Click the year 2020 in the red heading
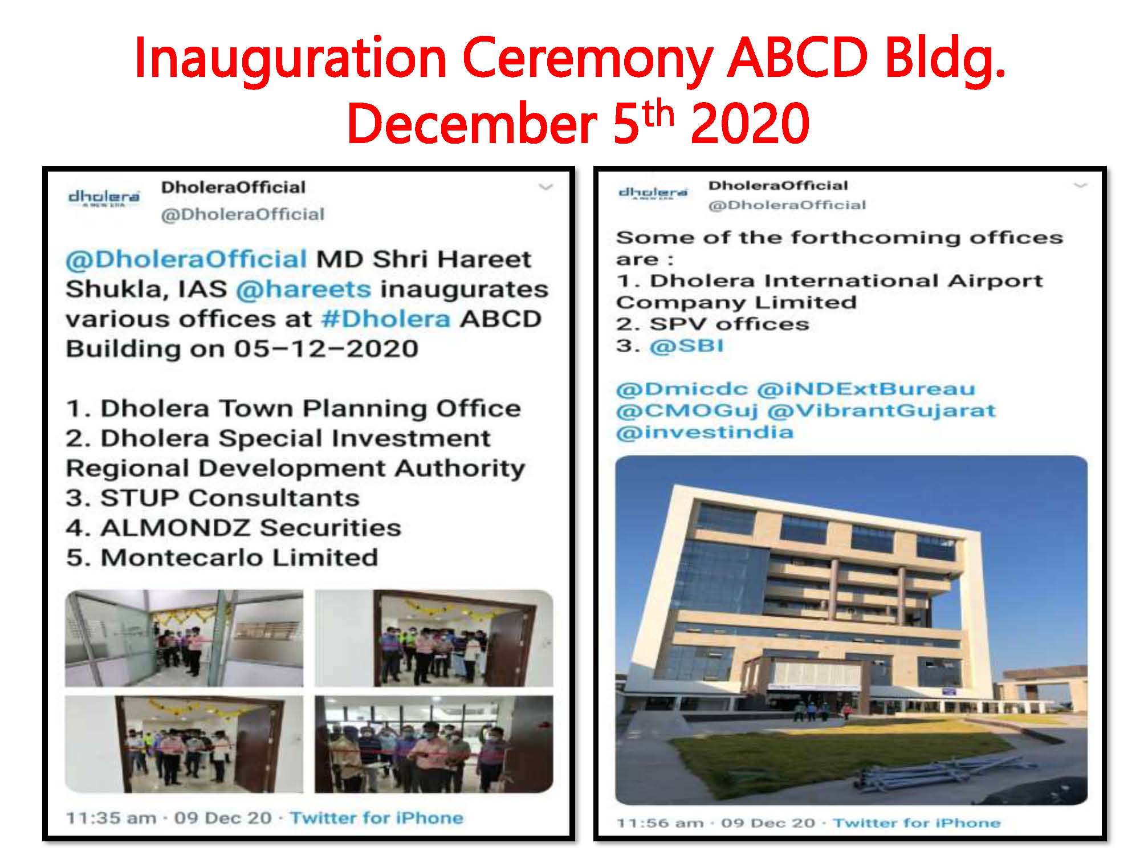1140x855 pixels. [x=750, y=123]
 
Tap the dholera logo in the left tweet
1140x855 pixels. [x=103, y=197]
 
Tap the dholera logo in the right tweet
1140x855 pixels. [x=653, y=193]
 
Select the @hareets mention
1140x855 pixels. [x=303, y=290]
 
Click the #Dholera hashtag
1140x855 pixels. [x=385, y=319]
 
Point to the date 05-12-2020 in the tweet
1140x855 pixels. [x=325, y=348]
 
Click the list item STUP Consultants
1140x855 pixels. [x=213, y=498]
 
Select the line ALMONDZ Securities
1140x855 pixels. [x=234, y=527]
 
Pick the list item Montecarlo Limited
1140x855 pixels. [x=222, y=557]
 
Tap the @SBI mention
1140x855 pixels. [x=686, y=346]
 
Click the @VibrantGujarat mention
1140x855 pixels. [x=882, y=410]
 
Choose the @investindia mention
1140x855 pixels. [x=705, y=431]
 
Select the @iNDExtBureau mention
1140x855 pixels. [x=866, y=389]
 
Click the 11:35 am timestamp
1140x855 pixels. [x=111, y=818]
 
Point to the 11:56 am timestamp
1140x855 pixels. [x=661, y=823]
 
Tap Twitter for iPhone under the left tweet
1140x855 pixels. [x=377, y=818]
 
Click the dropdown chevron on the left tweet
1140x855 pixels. [x=546, y=187]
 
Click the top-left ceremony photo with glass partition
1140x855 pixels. [x=184, y=638]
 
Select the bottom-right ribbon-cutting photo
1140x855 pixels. [x=434, y=744]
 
